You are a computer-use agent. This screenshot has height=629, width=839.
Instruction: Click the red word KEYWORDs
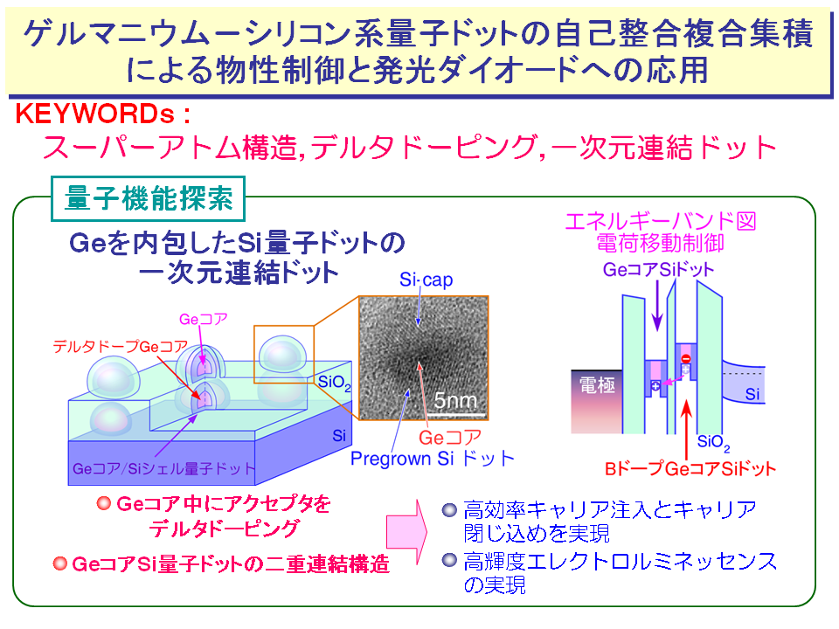coord(94,114)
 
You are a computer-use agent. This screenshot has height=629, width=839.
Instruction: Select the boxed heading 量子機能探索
coord(149,198)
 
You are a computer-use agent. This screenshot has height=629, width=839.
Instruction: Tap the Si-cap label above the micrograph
coord(426,280)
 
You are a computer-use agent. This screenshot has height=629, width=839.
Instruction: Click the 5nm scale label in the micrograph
coord(454,400)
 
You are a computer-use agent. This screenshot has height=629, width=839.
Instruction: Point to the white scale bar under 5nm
coord(459,414)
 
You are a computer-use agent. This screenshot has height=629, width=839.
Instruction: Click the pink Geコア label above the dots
coord(204,320)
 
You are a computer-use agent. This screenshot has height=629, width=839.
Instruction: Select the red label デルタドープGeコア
coord(121,347)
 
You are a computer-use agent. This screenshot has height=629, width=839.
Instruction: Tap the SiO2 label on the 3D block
coord(335,383)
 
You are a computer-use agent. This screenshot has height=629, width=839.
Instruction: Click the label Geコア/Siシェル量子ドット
coord(163,468)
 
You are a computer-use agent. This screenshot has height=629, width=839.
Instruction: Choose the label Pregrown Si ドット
coord(433,459)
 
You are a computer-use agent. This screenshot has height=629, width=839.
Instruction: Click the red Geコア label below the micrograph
coord(450,438)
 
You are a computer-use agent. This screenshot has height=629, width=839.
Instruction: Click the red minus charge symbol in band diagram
coord(685,358)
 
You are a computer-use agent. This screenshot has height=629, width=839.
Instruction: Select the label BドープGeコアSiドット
coord(690,468)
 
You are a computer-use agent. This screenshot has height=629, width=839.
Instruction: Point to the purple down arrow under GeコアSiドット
coord(657,306)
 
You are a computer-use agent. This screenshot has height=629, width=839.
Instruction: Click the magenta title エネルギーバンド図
coord(661,221)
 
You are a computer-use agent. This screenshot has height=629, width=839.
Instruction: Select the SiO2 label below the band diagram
coord(713,442)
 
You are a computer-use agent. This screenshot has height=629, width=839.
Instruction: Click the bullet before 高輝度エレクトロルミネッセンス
coord(449,560)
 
